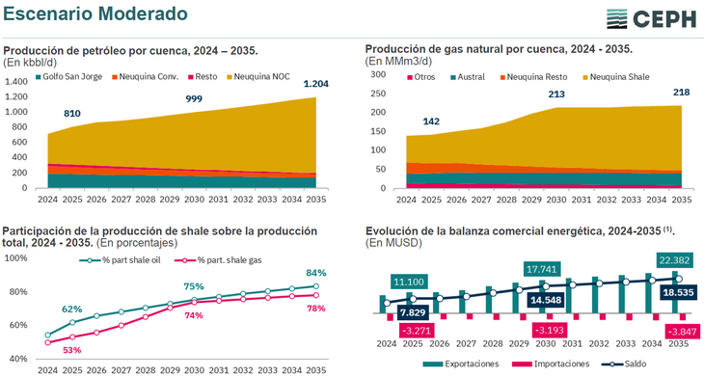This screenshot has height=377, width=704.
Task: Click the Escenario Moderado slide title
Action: pos(94,14)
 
